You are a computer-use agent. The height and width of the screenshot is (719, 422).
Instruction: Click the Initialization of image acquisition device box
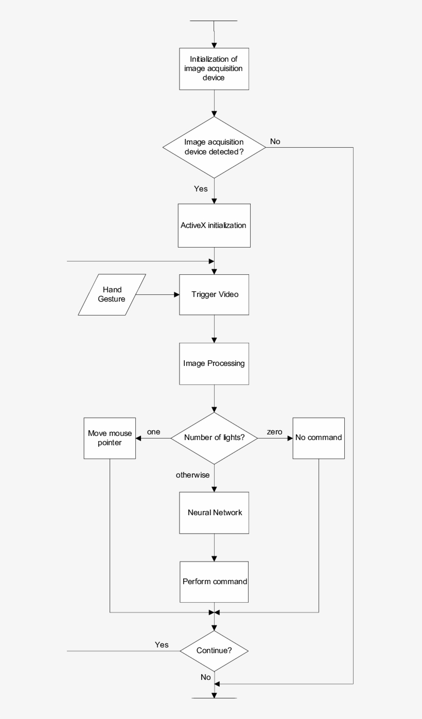214,68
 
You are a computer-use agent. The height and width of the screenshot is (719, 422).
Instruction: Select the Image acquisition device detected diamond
214,148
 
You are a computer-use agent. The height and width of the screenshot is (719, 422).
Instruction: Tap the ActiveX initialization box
214,225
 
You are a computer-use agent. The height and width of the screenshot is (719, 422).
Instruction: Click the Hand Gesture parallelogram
112,294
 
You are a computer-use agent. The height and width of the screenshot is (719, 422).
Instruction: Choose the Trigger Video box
214,294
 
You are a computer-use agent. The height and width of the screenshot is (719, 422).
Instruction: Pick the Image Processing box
214,363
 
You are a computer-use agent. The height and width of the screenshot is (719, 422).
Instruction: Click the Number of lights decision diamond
214,438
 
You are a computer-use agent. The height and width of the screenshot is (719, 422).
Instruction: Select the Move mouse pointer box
110,437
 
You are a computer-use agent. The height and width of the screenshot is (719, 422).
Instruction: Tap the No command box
319,437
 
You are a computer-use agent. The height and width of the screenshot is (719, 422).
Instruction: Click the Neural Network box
214,513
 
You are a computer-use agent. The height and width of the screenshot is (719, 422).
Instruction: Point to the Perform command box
214,582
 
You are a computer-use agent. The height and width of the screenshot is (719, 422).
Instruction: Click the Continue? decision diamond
214,651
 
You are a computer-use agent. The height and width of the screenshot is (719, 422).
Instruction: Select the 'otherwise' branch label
192,475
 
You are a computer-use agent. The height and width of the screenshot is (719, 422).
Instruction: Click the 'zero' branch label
274,432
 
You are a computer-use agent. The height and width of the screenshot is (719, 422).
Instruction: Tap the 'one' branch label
153,432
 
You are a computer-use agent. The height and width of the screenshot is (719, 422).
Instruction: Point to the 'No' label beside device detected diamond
275,142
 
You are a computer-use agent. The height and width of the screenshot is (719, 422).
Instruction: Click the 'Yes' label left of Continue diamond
162,645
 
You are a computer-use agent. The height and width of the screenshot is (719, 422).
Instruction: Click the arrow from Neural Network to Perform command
214,547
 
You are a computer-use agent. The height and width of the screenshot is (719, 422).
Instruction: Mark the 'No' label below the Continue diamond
206,677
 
